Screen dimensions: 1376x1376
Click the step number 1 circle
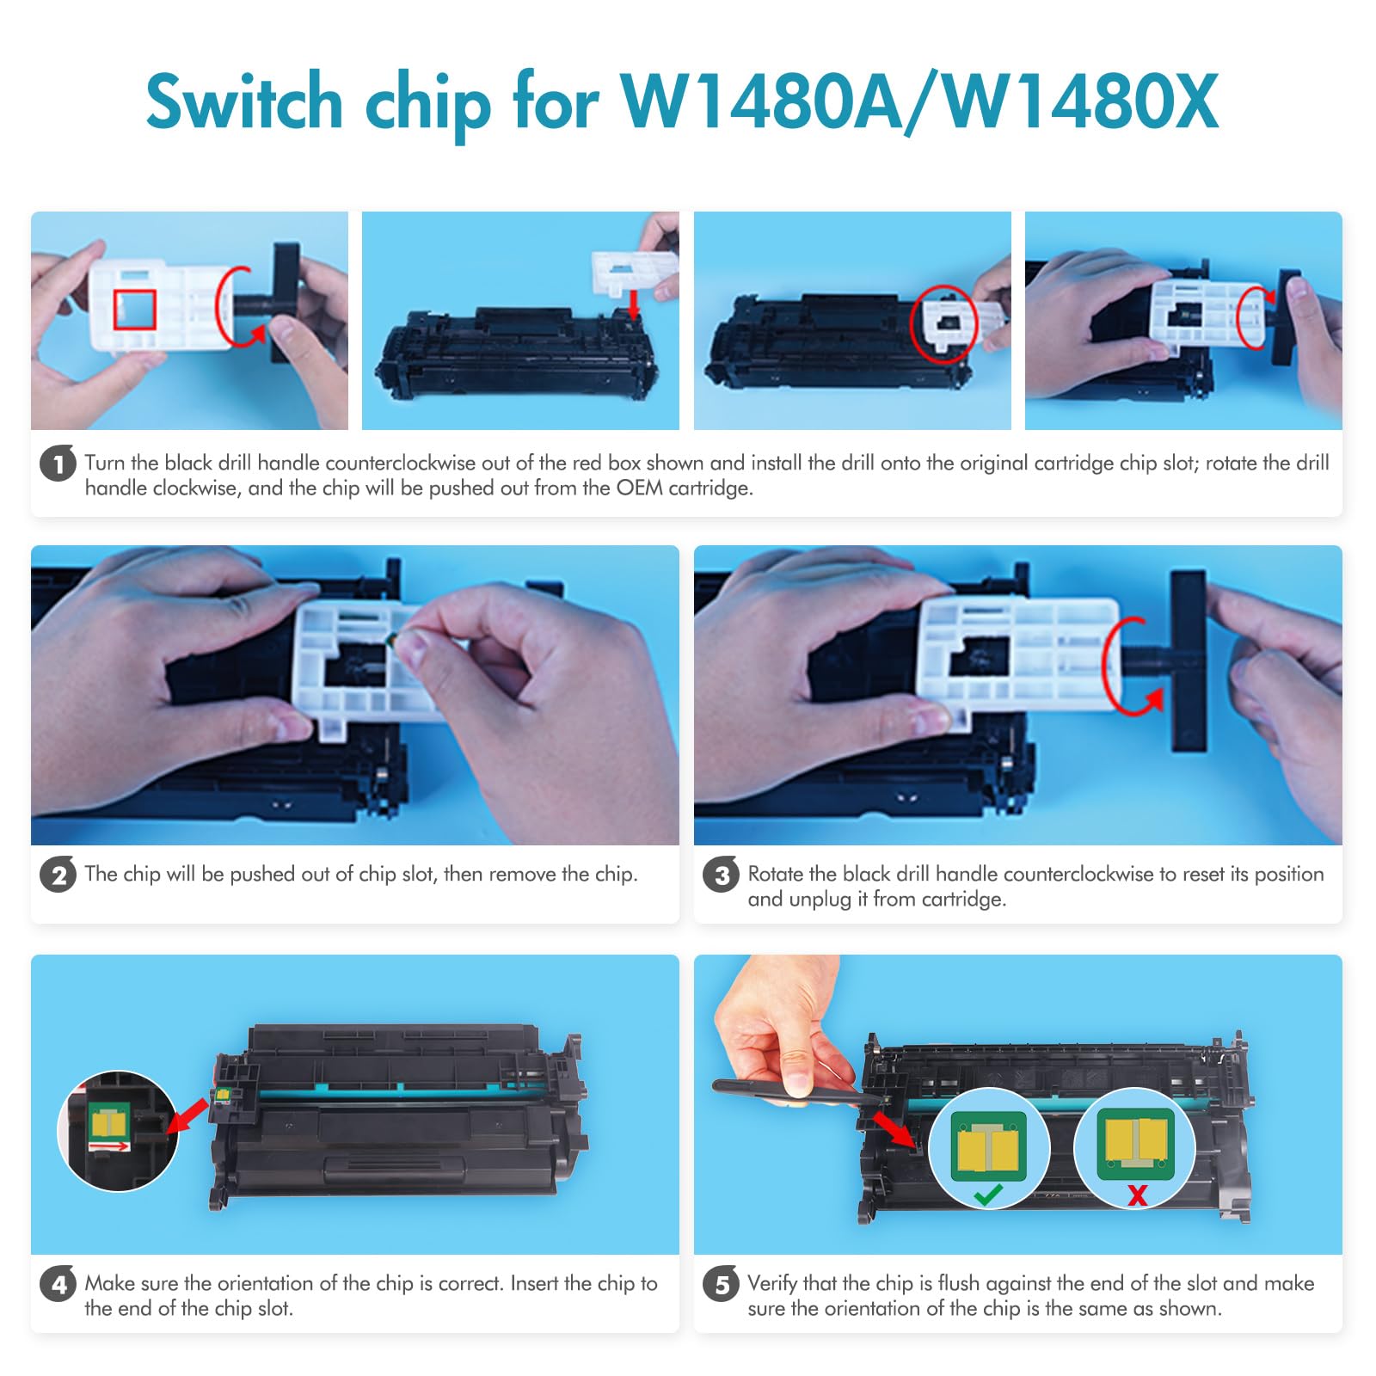point(58,464)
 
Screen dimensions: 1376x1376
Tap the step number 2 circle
point(58,875)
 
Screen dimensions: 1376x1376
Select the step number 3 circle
point(721,875)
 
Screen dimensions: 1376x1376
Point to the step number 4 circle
point(58,1284)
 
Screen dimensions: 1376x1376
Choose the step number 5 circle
point(721,1284)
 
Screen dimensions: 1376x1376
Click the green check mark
point(987,1195)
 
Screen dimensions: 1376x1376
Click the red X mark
point(1137,1195)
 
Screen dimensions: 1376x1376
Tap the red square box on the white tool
point(134,310)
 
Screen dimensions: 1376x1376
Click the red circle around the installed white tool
point(943,323)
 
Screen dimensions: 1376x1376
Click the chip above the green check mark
point(989,1146)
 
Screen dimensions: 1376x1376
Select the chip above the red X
point(1136,1145)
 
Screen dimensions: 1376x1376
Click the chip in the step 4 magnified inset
point(109,1122)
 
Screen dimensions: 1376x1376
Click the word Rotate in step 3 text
point(776,875)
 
